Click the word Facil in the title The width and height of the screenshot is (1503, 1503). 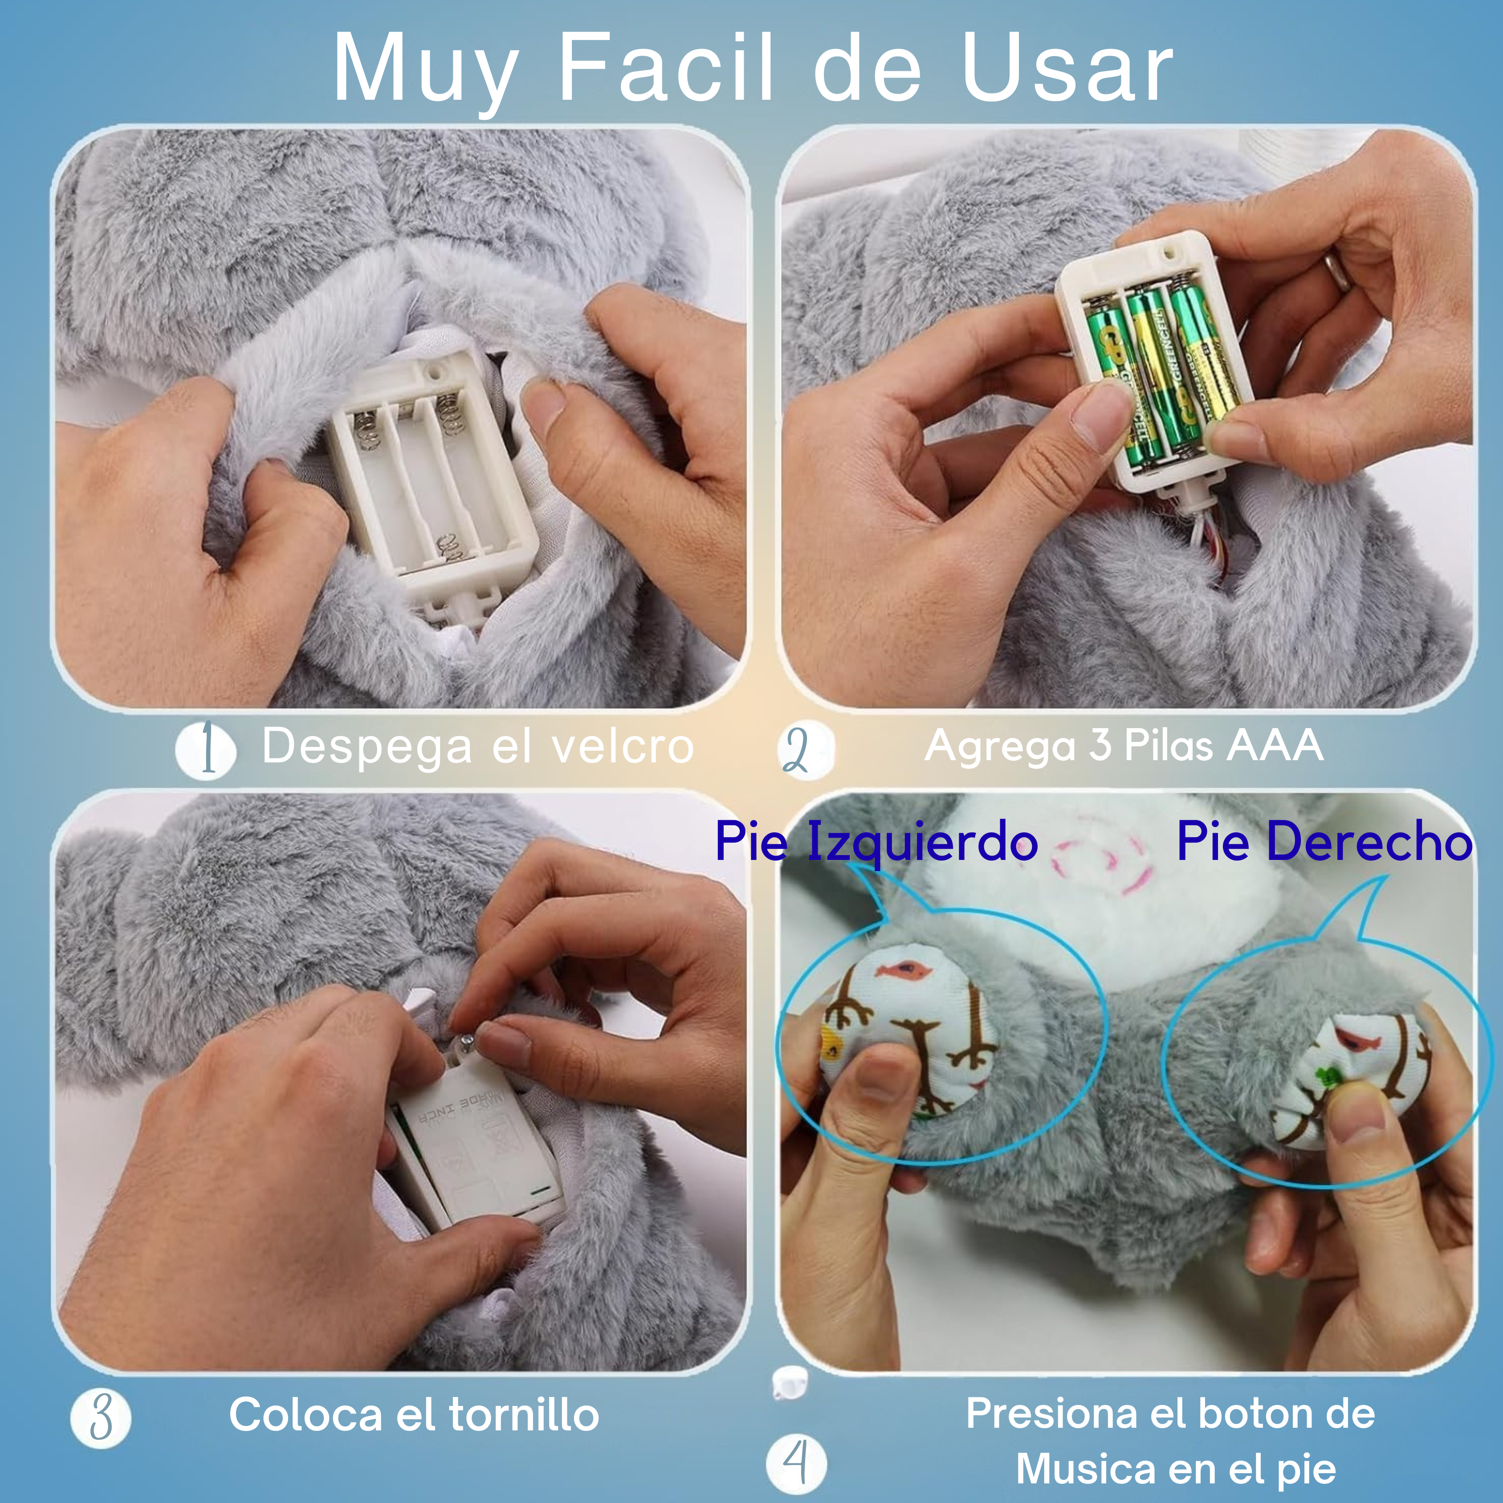tap(666, 69)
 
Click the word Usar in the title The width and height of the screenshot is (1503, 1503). tap(1067, 69)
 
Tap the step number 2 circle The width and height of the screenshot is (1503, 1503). tap(805, 749)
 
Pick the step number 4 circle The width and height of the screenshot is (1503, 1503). tap(796, 1465)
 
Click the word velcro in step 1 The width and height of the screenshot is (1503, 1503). tap(623, 747)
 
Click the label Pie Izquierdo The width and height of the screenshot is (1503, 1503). tap(876, 842)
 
